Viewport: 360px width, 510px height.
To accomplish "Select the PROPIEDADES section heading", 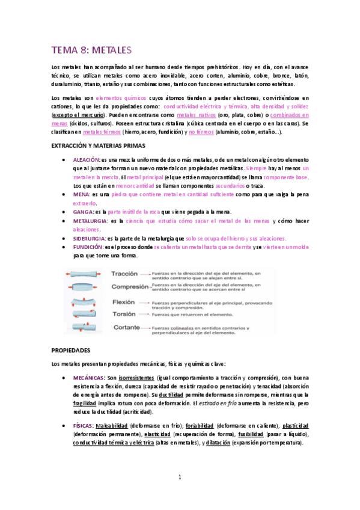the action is point(71,349).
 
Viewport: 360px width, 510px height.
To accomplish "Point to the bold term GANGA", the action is point(84,212).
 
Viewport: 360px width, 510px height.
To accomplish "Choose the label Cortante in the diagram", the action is point(127,328).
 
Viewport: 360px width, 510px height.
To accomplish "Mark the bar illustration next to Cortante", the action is point(82,328).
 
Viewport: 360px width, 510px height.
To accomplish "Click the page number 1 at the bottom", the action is point(179,478).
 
